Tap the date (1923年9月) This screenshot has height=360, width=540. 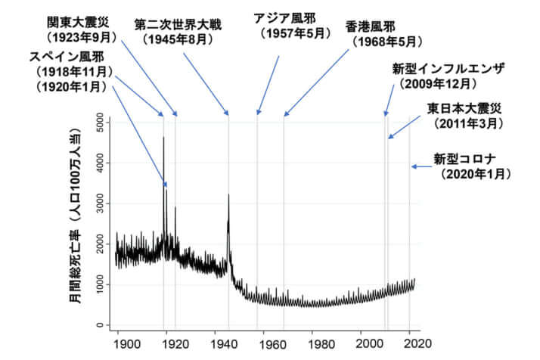pyautogui.click(x=77, y=36)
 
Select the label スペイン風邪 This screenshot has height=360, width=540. pyautogui.click(x=67, y=56)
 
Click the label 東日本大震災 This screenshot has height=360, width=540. pyautogui.click(x=464, y=107)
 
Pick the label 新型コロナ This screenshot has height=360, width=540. pyautogui.click(x=464, y=159)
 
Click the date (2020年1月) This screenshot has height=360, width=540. pyautogui.click(x=477, y=174)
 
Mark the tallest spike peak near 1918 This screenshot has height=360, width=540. pyautogui.click(x=163, y=137)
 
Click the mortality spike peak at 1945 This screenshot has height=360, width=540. pyautogui.click(x=228, y=195)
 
